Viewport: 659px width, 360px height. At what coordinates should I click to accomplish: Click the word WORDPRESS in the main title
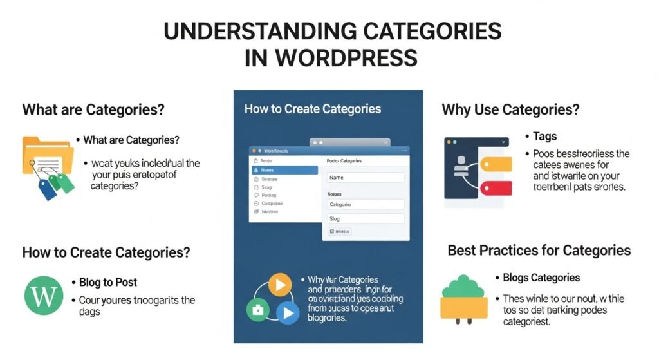[346, 58]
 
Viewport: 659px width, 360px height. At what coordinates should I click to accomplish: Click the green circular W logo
[44, 295]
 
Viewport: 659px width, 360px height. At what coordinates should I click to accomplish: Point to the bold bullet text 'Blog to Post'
[108, 282]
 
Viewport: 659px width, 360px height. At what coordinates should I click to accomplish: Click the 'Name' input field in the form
[366, 177]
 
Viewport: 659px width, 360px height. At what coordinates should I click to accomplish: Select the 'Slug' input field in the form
[366, 219]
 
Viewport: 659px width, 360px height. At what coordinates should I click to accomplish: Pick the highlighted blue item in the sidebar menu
[285, 170]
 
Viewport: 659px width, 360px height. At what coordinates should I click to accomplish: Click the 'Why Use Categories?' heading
[510, 109]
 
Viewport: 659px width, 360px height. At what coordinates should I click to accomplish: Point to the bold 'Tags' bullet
[544, 137]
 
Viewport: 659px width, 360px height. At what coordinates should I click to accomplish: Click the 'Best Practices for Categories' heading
[539, 250]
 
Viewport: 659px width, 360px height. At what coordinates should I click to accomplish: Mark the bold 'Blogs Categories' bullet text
[541, 278]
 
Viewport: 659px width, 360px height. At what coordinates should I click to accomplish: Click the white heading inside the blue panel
[313, 109]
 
